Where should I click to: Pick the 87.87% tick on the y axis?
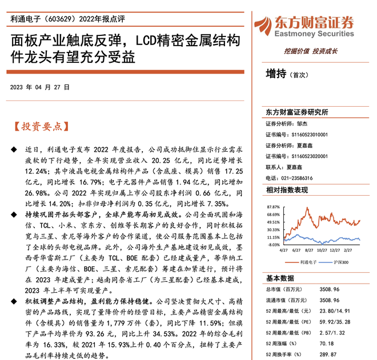273,207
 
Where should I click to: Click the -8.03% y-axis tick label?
273,245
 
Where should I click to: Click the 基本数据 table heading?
280,278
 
